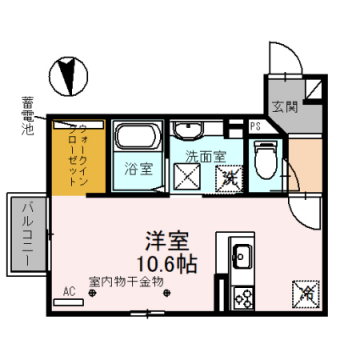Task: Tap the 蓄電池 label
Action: [x=27, y=116]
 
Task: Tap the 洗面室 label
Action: [x=204, y=157]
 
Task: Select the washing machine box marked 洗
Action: [x=229, y=178]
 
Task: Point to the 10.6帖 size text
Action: [x=168, y=264]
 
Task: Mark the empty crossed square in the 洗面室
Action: [x=187, y=178]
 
